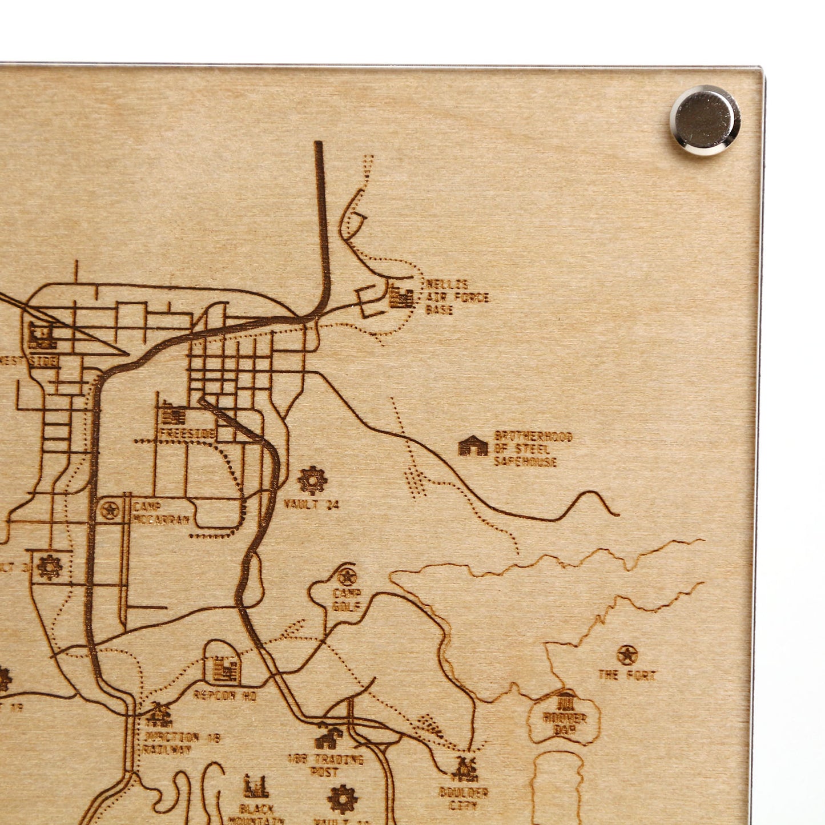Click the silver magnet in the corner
705,120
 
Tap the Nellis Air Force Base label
456,297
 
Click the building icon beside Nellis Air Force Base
401,297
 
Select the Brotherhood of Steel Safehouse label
533,449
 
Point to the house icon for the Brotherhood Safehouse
473,446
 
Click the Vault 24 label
311,504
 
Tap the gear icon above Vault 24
312,480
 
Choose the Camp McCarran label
160,513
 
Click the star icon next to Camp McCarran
109,510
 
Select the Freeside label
187,434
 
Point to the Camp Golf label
347,599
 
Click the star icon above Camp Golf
346,577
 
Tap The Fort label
627,675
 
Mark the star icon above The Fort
627,655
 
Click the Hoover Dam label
565,723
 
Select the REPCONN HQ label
225,695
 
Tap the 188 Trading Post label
325,765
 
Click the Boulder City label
463,799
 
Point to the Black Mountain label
256,814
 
